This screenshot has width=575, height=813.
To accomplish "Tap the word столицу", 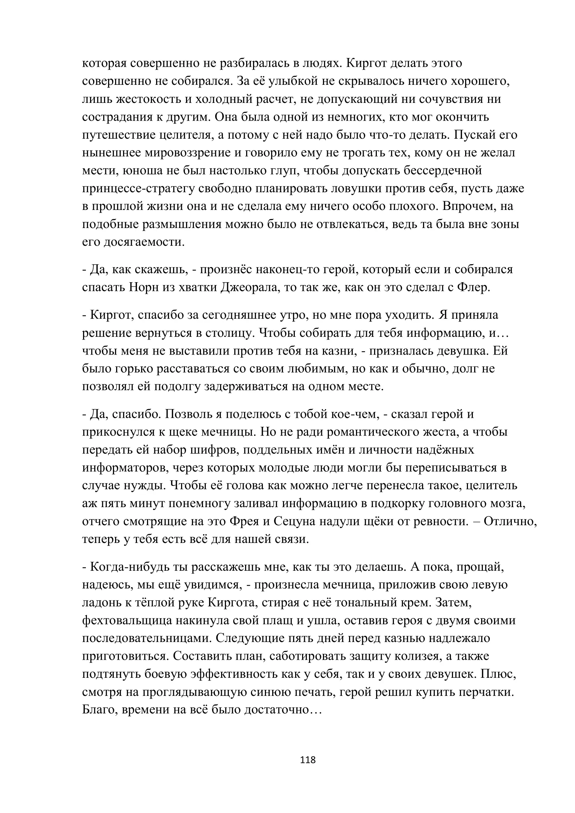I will click(x=231, y=333).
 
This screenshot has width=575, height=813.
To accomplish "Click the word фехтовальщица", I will click(x=128, y=620).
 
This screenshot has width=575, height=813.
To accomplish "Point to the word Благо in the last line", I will click(x=99, y=710).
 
